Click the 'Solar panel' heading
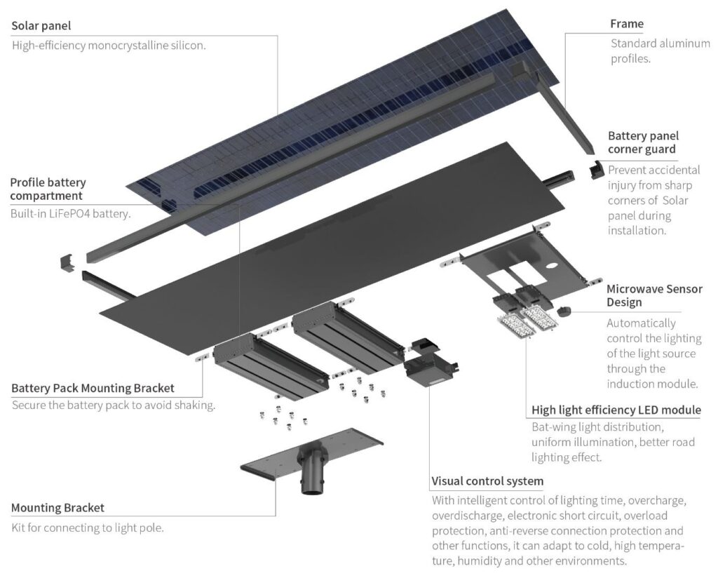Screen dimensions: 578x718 [41, 26]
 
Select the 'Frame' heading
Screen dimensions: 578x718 [626, 24]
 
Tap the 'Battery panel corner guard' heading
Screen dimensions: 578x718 [643, 142]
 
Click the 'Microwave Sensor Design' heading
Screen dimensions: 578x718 [653, 295]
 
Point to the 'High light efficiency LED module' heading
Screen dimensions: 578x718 [616, 410]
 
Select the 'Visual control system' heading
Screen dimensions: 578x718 [487, 481]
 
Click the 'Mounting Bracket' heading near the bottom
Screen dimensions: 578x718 [57, 507]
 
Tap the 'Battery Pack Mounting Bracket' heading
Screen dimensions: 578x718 [93, 387]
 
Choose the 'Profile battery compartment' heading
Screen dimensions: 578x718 [48, 189]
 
